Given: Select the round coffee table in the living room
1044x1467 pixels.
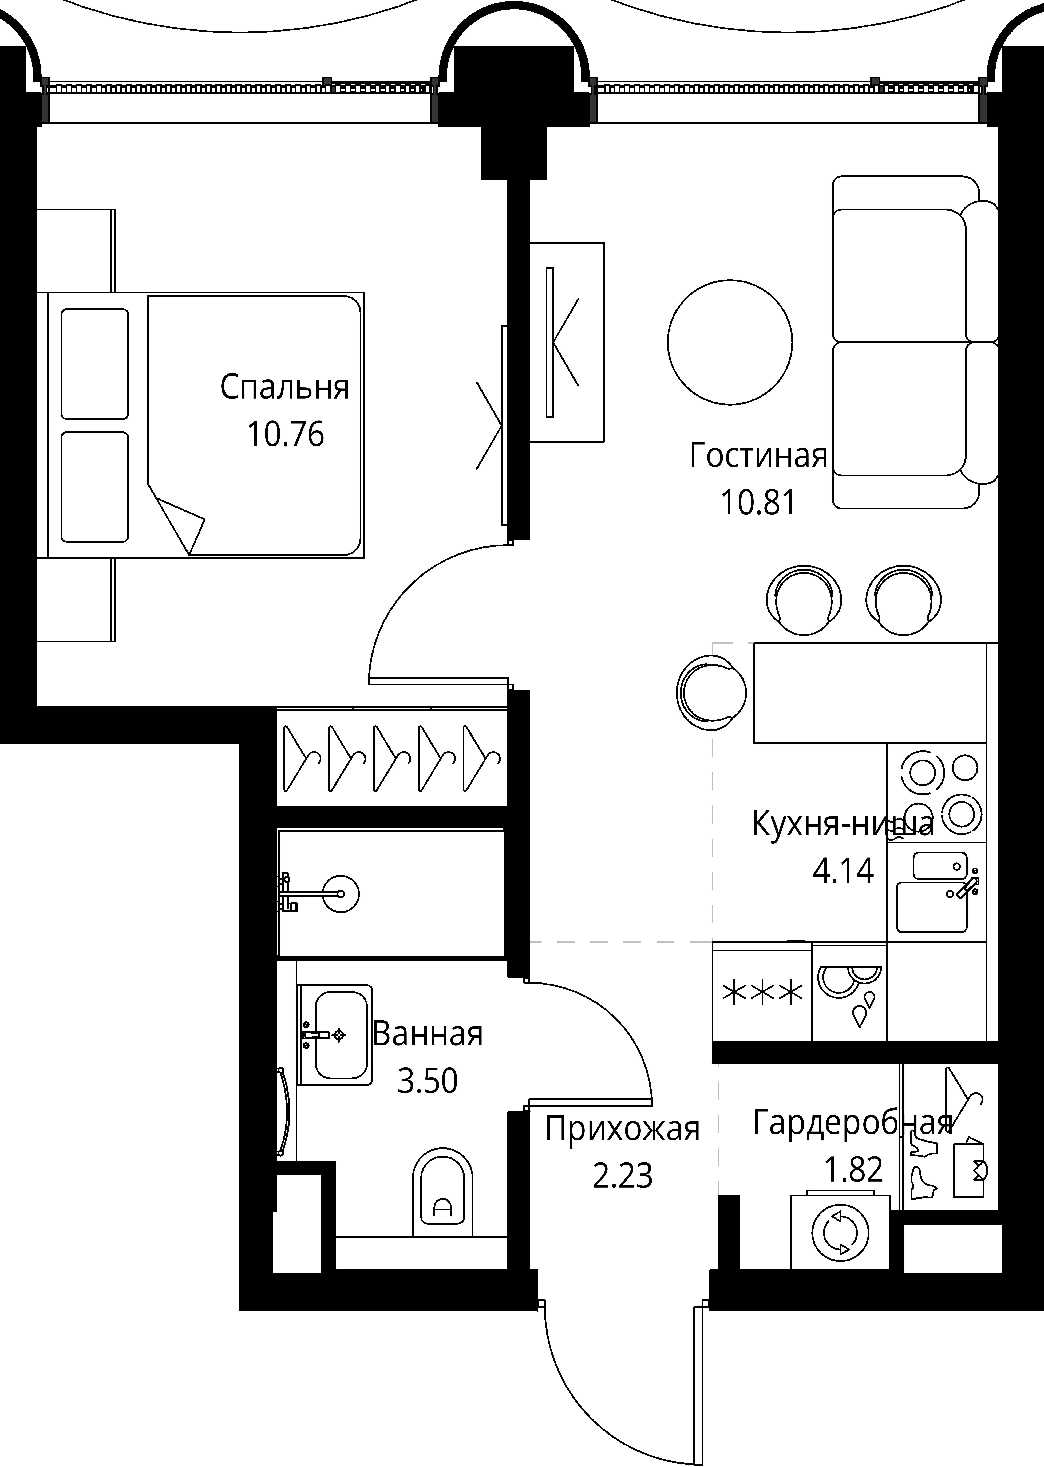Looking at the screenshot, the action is [x=730, y=342].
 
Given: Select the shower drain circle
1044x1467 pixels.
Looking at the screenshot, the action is [x=340, y=894].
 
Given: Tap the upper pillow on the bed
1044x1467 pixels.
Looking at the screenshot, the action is [x=94, y=364].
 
